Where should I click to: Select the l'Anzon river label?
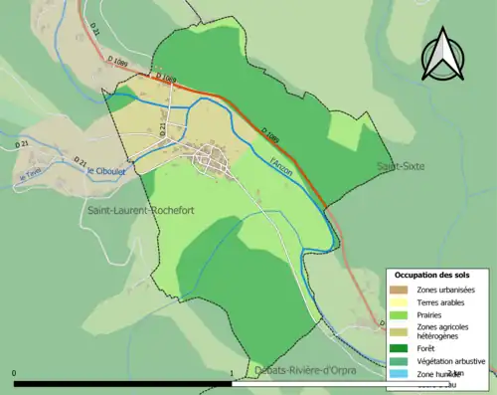point(282,157)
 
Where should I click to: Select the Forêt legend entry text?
point(427,347)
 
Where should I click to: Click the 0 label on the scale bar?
point(15,374)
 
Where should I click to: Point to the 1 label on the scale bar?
point(232,374)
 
